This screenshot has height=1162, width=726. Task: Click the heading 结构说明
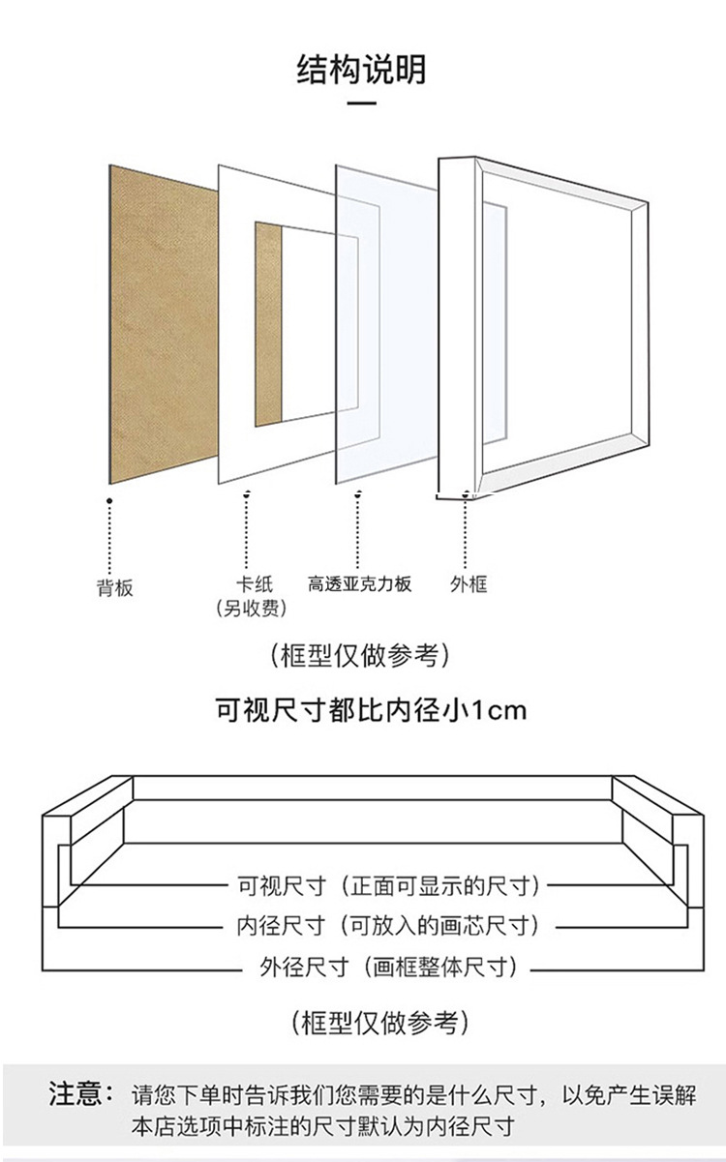coord(361,71)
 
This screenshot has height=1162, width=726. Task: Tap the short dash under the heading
coord(361,103)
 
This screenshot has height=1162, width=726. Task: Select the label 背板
coord(113,587)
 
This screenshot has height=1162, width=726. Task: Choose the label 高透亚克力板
coord(360,583)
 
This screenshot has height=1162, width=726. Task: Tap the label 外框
coord(469,583)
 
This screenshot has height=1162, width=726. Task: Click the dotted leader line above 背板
coord(109,537)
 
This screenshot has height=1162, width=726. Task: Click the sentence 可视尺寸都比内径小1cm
coord(370,711)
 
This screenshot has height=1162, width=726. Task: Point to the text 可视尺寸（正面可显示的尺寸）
coord(389,885)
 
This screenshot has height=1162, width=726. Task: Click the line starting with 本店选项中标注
coord(322,1126)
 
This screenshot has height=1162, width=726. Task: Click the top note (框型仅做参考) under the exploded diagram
coord(361,656)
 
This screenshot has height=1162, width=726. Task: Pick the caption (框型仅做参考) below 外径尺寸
coord(380,1022)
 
